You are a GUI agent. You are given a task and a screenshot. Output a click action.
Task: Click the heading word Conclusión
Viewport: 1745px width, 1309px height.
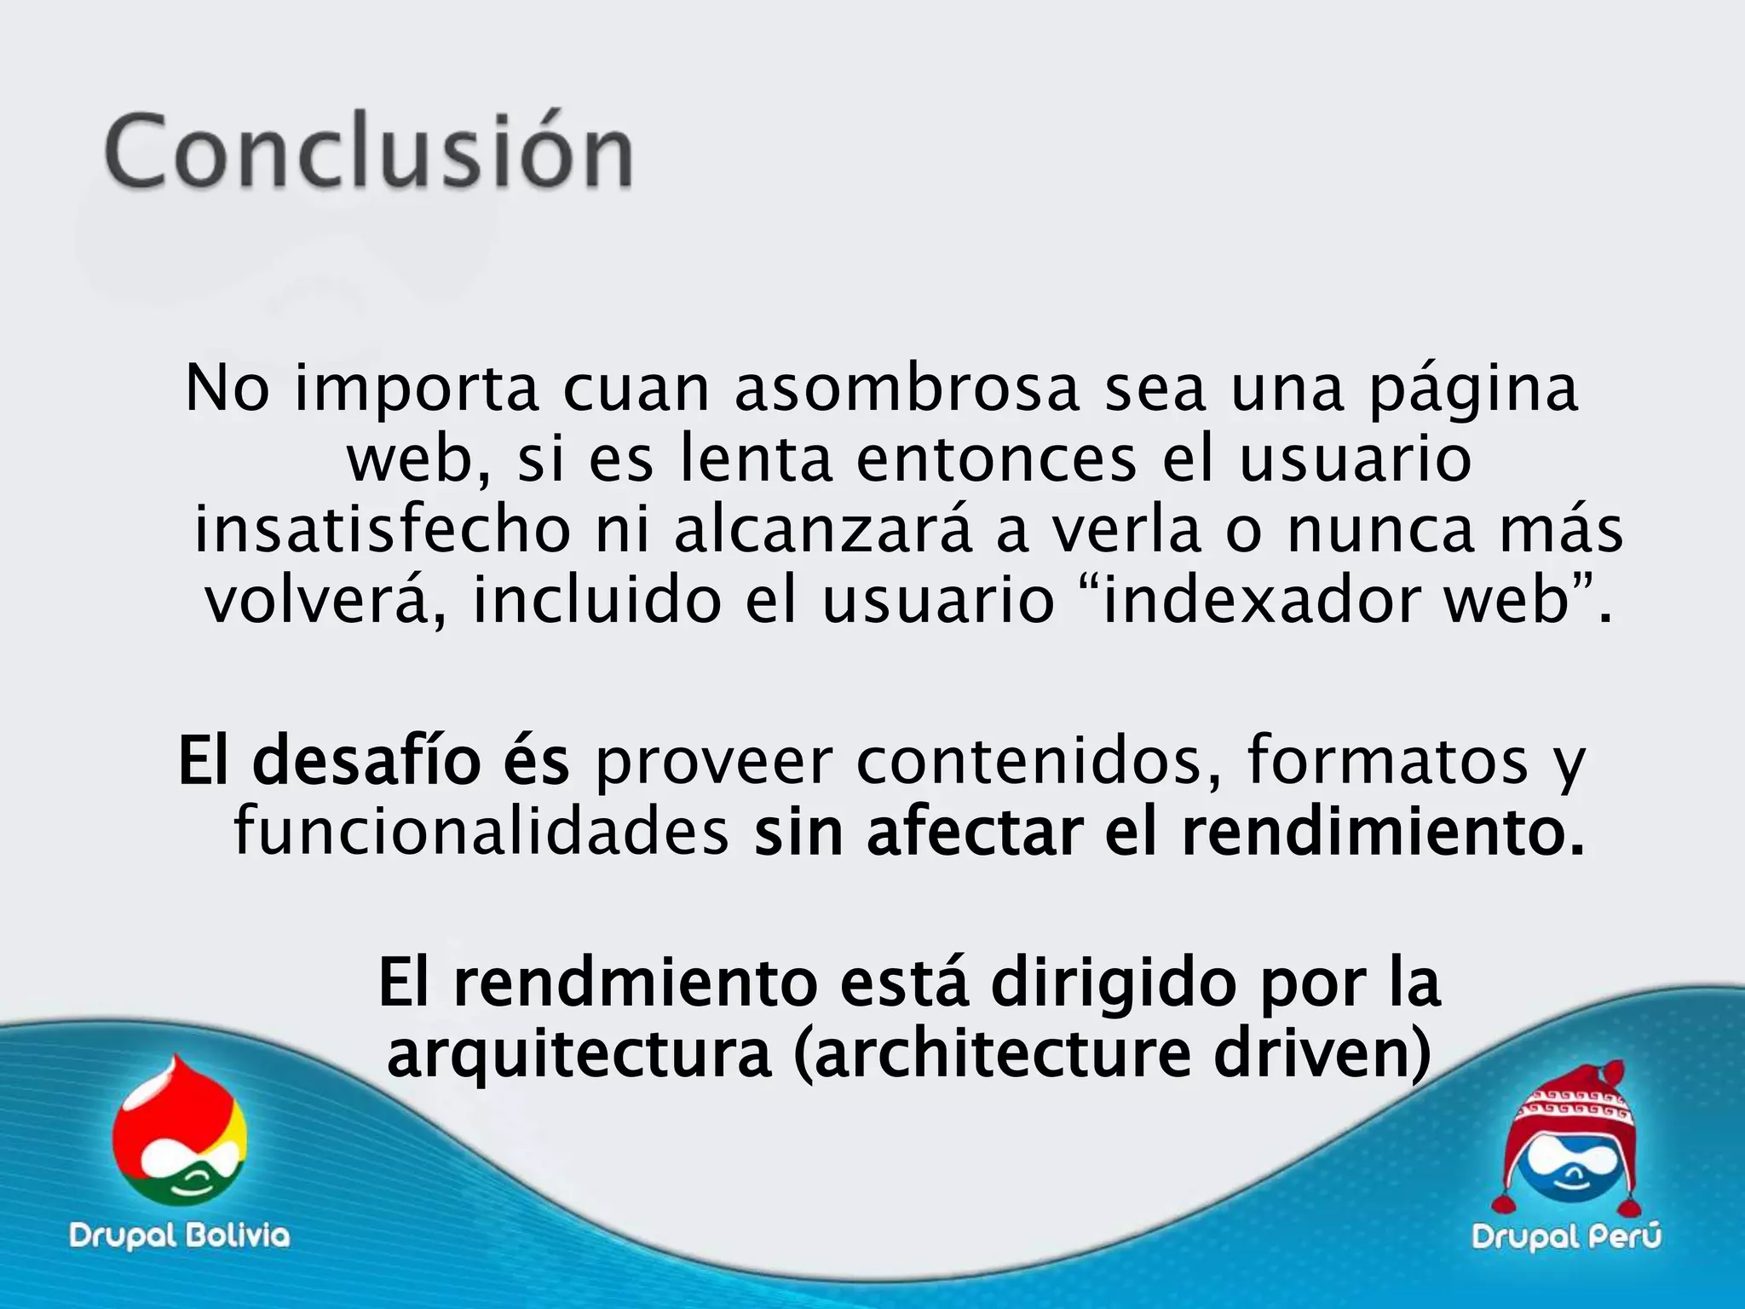coord(368,152)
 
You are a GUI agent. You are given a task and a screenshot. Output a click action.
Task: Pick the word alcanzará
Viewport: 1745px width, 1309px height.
coord(823,531)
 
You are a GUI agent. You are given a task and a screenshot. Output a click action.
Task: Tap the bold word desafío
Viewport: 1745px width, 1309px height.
coord(366,761)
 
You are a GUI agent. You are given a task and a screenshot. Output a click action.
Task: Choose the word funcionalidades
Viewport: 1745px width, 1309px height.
coord(481,833)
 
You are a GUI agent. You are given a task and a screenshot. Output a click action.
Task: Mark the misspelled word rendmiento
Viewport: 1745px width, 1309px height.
coord(636,983)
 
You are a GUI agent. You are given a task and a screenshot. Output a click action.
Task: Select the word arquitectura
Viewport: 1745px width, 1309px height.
coord(579,1055)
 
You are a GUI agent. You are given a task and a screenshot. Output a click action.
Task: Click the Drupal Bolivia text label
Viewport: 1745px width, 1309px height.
coord(180,1235)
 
